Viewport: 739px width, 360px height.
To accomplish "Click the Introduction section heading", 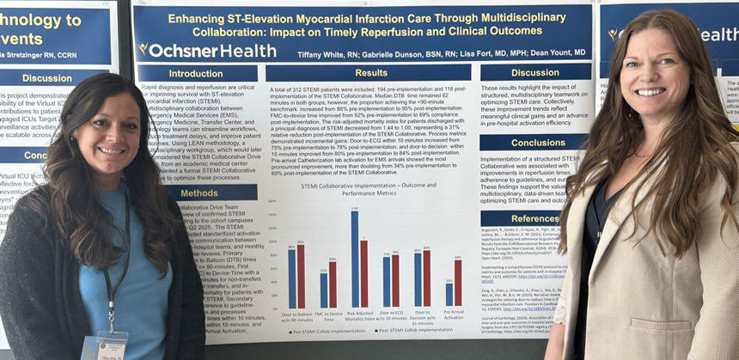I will coord(196,73).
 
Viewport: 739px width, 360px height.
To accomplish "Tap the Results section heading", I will coord(370,73).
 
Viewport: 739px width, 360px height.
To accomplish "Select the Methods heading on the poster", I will coord(199,192).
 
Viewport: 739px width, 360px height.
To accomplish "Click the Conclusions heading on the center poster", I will coord(537,143).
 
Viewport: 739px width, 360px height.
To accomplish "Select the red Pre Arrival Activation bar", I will coord(457,284).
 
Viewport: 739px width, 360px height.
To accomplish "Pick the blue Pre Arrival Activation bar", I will coord(449,295).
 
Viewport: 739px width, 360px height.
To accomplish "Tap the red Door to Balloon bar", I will coord(301,276).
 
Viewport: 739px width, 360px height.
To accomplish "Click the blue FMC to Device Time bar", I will coord(323,290).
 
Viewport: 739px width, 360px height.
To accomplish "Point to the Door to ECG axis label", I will coord(391,314).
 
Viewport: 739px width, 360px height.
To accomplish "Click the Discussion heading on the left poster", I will coord(46,78).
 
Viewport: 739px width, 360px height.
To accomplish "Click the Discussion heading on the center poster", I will coord(535,73).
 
